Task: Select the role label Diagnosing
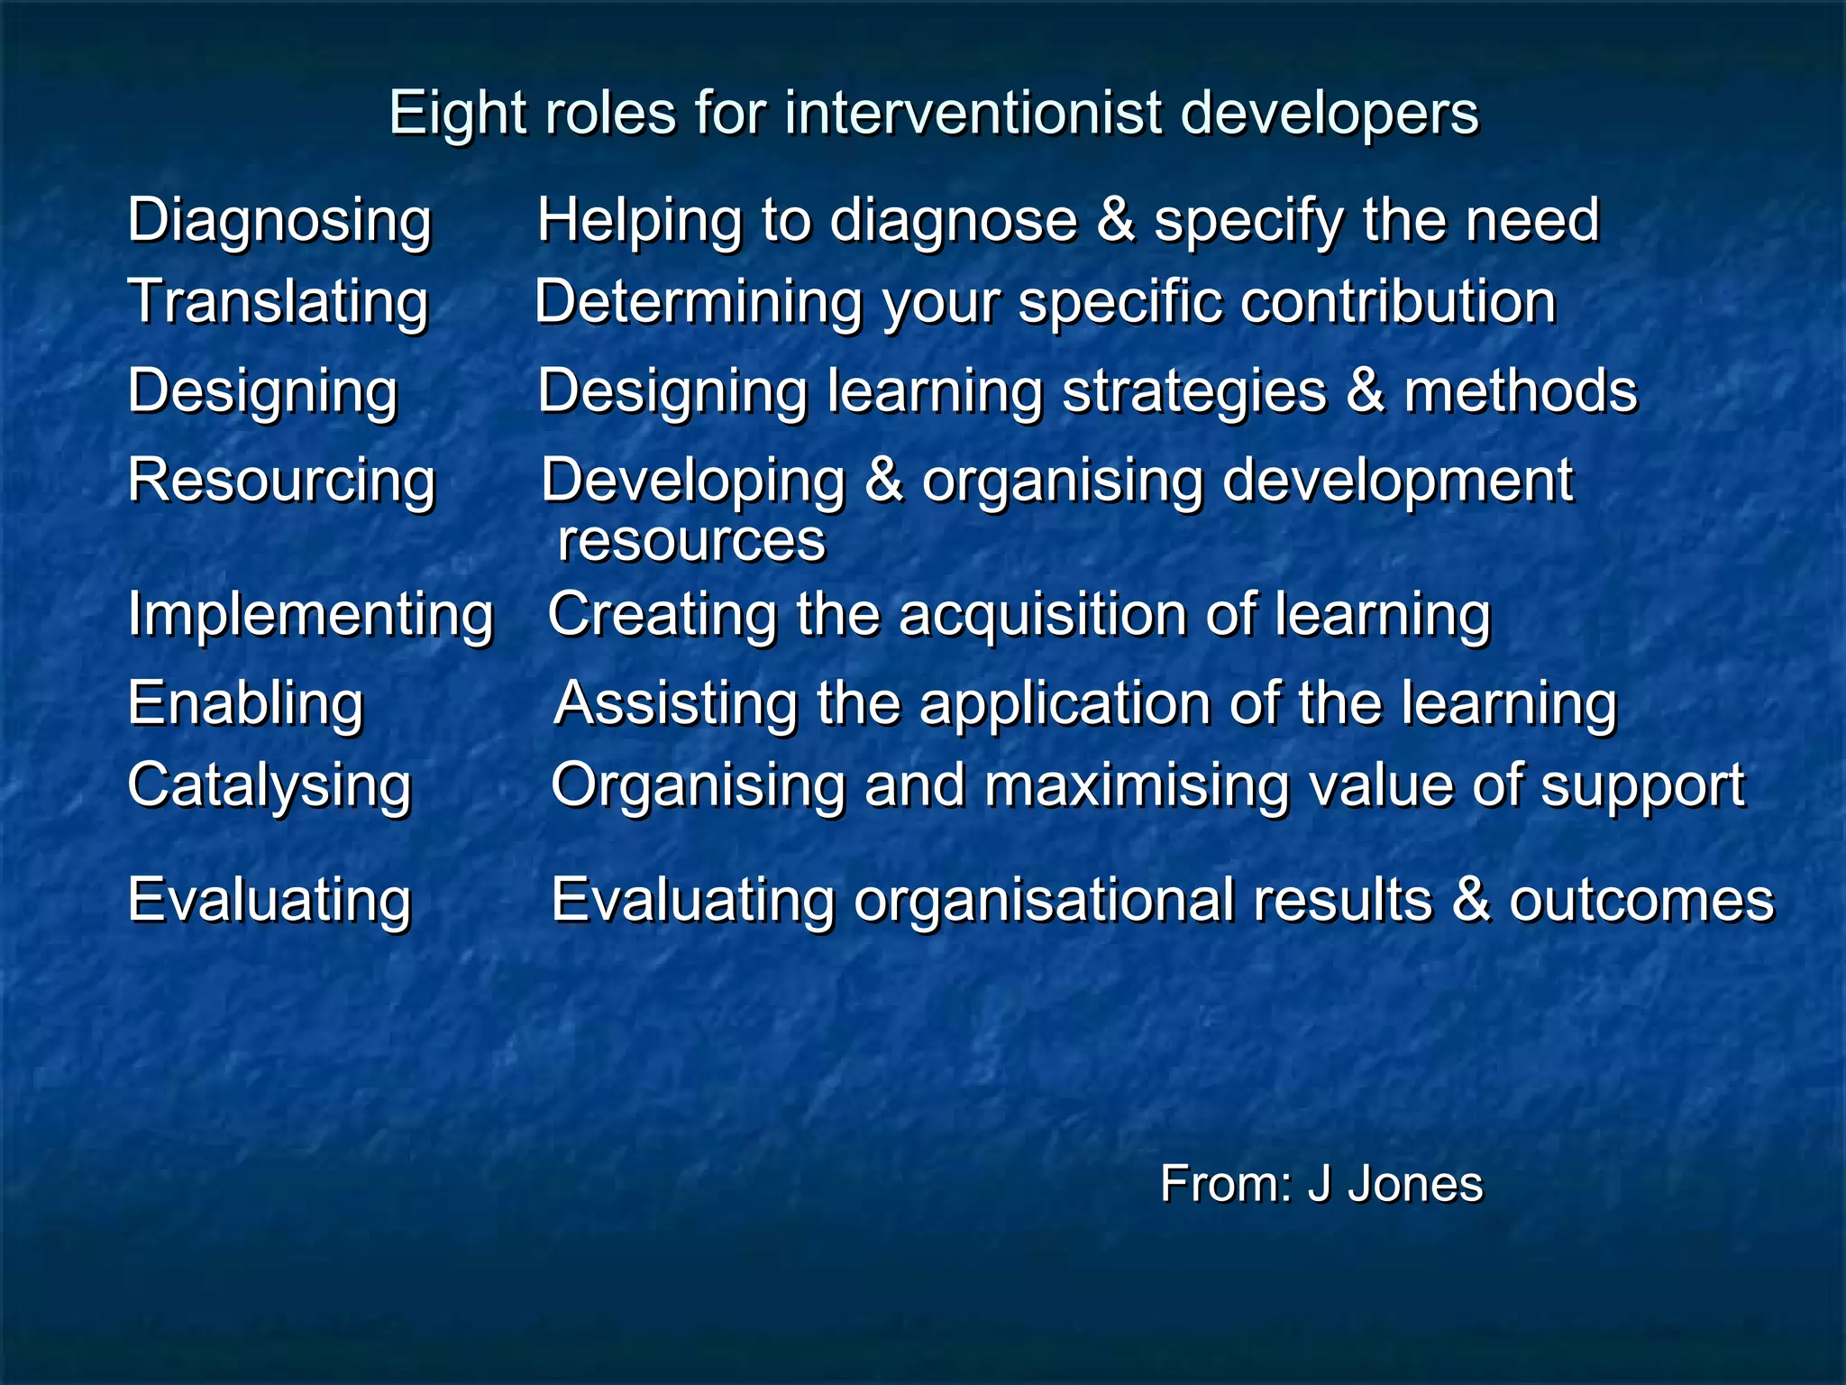pyautogui.click(x=279, y=221)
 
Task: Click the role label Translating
pyautogui.click(x=278, y=302)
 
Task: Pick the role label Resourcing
pyautogui.click(x=281, y=481)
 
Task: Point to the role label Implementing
pyautogui.click(x=310, y=616)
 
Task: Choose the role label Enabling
pyautogui.click(x=245, y=704)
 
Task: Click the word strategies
pyautogui.click(x=1194, y=392)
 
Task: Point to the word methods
pyautogui.click(x=1520, y=392)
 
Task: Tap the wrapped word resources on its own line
pyautogui.click(x=690, y=541)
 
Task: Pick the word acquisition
pyautogui.click(x=1043, y=615)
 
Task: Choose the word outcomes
pyautogui.click(x=1641, y=901)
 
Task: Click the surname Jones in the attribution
pyautogui.click(x=1415, y=1184)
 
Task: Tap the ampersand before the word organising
pyautogui.click(x=883, y=481)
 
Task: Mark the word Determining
pyautogui.click(x=699, y=302)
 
